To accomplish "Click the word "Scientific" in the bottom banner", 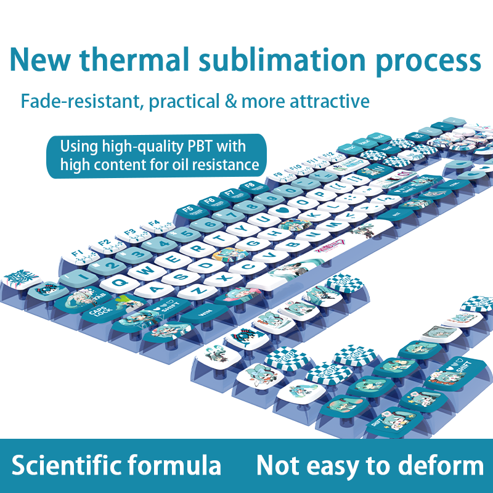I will [70, 465].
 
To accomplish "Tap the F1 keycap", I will [78, 254].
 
